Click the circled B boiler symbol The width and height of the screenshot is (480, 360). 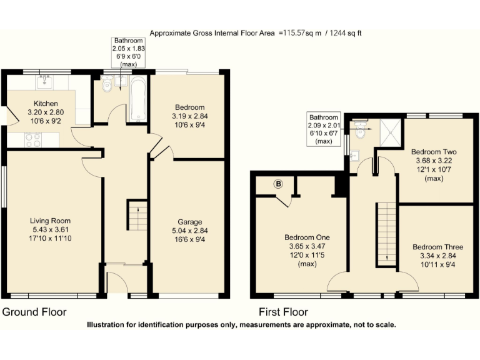point(278,184)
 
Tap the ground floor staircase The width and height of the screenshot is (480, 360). point(137,216)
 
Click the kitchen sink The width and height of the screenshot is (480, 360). point(44,82)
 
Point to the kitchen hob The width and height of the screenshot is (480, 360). point(32,140)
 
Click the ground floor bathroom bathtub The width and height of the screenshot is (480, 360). point(137,99)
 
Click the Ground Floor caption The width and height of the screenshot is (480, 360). point(34,311)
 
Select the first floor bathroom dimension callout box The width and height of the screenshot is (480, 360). point(324,129)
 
